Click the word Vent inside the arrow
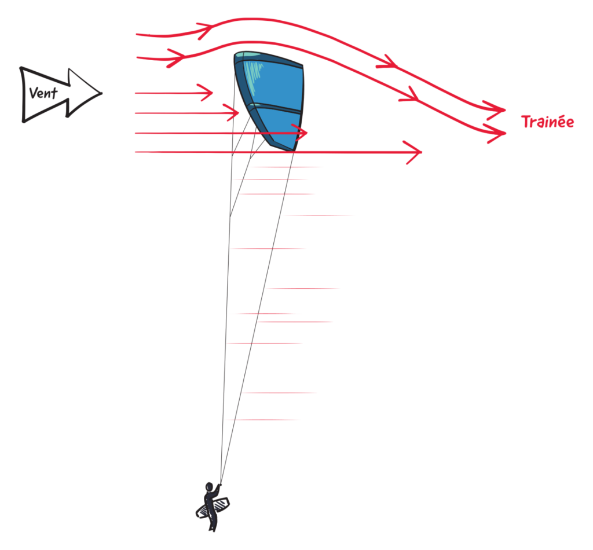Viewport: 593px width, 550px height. pos(43,93)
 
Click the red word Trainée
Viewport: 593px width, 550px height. pos(547,122)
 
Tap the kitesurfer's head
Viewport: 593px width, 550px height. pos(209,486)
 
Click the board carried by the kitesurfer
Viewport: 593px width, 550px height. pos(213,508)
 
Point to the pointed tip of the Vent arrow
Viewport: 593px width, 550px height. pos(101,93)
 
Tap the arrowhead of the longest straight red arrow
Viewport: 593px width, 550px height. pos(414,152)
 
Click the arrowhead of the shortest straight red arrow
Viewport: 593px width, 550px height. pos(206,93)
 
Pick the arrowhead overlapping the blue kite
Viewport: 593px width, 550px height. pos(301,133)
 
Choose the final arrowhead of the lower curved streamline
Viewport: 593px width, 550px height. pos(496,133)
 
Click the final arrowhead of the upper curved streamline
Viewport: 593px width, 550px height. pos(496,110)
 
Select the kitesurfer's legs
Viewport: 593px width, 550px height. pos(213,520)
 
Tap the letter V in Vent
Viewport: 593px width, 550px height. pos(34,93)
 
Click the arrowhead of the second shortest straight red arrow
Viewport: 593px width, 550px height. pos(232,113)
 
